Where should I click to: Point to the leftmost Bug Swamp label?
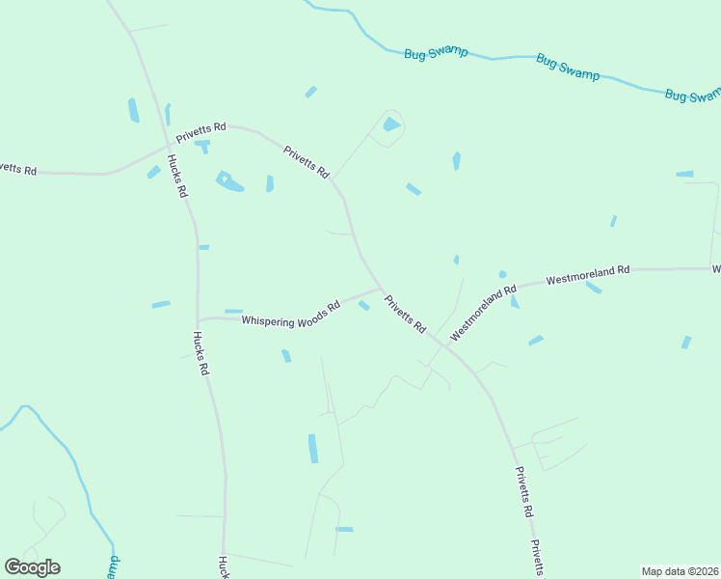[x=436, y=51]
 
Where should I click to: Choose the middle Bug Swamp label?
[x=567, y=68]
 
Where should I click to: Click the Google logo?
[x=32, y=566]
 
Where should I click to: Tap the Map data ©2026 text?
[x=680, y=570]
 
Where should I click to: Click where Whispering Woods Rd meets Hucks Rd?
[x=198, y=319]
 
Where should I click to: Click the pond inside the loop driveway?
[x=390, y=124]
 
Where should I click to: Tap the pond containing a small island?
[x=228, y=181]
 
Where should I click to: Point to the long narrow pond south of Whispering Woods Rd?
[x=312, y=449]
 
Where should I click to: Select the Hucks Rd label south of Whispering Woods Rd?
[x=200, y=352]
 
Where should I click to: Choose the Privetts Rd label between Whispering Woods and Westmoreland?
[x=405, y=314]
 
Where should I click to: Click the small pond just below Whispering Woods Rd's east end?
[x=363, y=305]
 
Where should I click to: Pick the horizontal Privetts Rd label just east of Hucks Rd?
[x=200, y=132]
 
